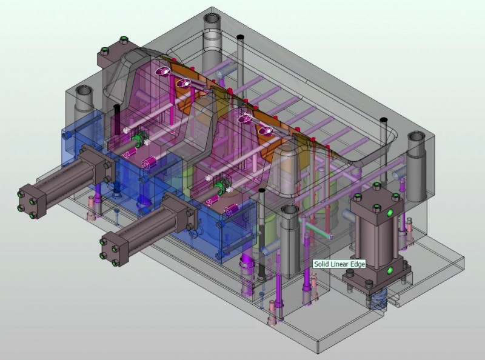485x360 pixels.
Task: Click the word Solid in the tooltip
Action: (321, 264)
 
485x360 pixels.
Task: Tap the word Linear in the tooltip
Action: (338, 264)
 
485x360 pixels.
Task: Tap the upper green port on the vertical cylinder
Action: (390, 212)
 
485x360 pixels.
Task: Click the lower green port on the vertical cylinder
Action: (389, 271)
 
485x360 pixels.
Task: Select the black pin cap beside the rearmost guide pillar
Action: (240, 37)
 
